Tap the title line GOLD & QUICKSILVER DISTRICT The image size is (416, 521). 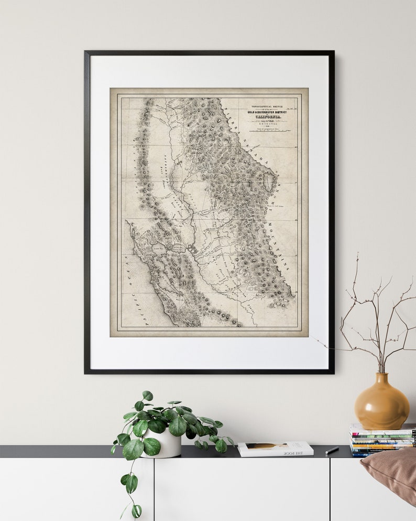(x=268, y=111)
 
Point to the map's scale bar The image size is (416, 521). (x=268, y=130)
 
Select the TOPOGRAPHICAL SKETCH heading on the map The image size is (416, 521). (x=268, y=106)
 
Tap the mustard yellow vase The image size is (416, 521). (x=381, y=403)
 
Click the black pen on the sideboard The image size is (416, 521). (x=332, y=450)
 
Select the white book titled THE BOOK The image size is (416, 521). (x=275, y=449)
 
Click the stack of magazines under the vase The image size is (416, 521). (x=382, y=440)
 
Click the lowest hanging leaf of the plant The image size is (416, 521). (x=136, y=511)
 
